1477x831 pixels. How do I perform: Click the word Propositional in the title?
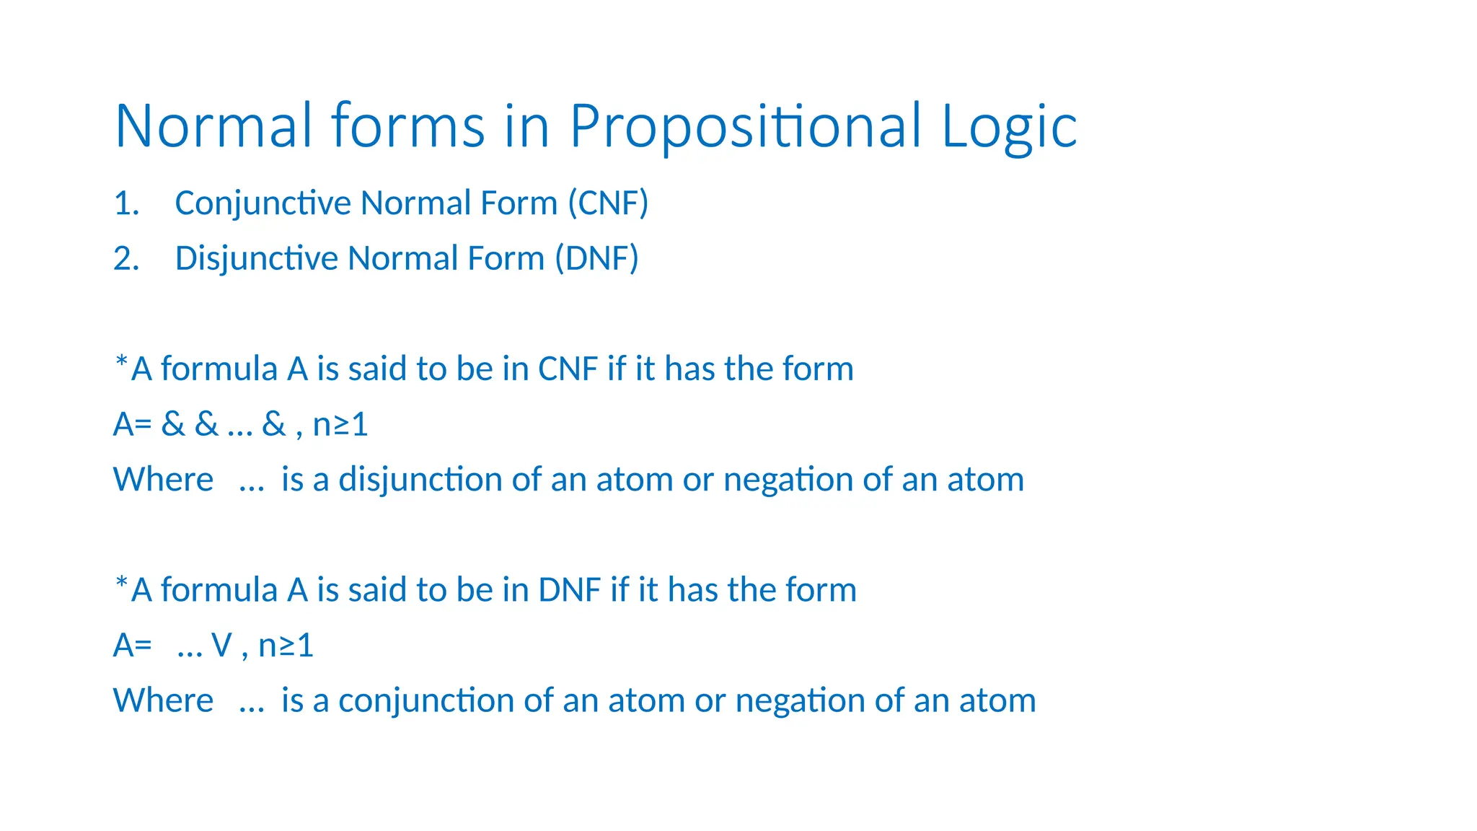[745, 127]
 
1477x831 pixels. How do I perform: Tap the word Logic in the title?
[1009, 127]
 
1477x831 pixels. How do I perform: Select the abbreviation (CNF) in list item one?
[608, 203]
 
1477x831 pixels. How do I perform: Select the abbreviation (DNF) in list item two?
[596, 259]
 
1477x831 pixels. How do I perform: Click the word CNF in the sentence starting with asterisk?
[568, 369]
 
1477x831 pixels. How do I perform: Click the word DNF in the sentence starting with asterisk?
[569, 590]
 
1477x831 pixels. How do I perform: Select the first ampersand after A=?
[173, 424]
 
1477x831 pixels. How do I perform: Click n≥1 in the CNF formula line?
[340, 424]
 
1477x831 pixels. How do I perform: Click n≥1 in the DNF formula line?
[286, 646]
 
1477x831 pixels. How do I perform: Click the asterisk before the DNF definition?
[121, 581]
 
